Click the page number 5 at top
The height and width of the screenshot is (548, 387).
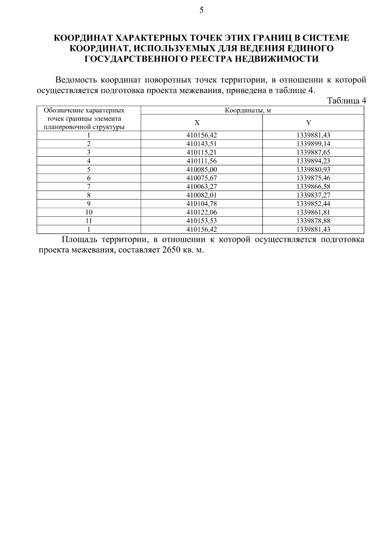pyautogui.click(x=202, y=10)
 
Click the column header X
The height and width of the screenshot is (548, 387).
pyautogui.click(x=197, y=123)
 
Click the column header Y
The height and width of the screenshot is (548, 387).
pyautogui.click(x=309, y=123)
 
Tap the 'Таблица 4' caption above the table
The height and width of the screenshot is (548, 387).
pyautogui.click(x=346, y=101)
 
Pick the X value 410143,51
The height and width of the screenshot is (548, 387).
pyautogui.click(x=202, y=144)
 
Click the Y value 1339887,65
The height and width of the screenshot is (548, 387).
pyautogui.click(x=313, y=152)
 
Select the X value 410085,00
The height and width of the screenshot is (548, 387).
pyautogui.click(x=202, y=170)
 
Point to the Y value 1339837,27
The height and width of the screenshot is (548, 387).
pyautogui.click(x=313, y=195)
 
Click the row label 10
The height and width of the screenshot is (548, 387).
pyautogui.click(x=89, y=212)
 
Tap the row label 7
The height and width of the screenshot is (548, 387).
pyautogui.click(x=89, y=187)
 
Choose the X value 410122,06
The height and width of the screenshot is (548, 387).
pyautogui.click(x=202, y=212)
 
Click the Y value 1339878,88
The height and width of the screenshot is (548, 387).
pyautogui.click(x=313, y=221)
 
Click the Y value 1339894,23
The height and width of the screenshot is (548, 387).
pyautogui.click(x=313, y=161)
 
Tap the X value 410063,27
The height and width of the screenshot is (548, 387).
pyautogui.click(x=202, y=187)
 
